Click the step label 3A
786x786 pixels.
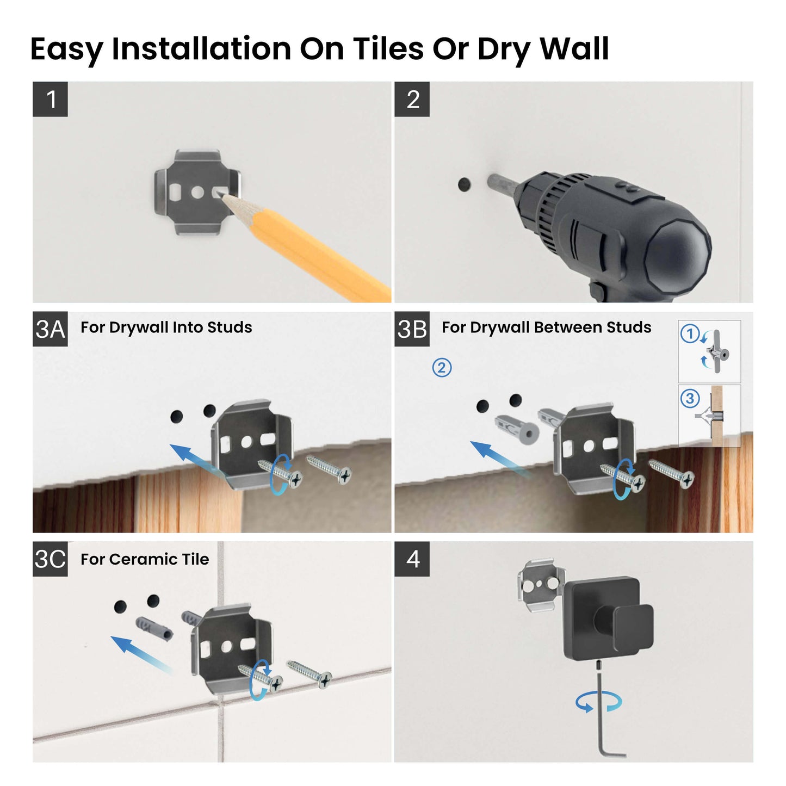coord(50,329)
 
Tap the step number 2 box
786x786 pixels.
coord(412,99)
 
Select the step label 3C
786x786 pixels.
coord(50,559)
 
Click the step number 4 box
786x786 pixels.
coord(412,559)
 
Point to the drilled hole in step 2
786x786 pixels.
coord(464,185)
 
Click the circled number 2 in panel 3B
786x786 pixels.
coord(442,368)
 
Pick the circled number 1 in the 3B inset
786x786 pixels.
coord(690,333)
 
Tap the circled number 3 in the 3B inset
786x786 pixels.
coord(690,398)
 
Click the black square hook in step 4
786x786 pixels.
coord(604,617)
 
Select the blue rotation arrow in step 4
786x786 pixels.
coord(598,702)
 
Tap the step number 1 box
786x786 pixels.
coord(50,99)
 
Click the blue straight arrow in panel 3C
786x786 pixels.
coord(139,653)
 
